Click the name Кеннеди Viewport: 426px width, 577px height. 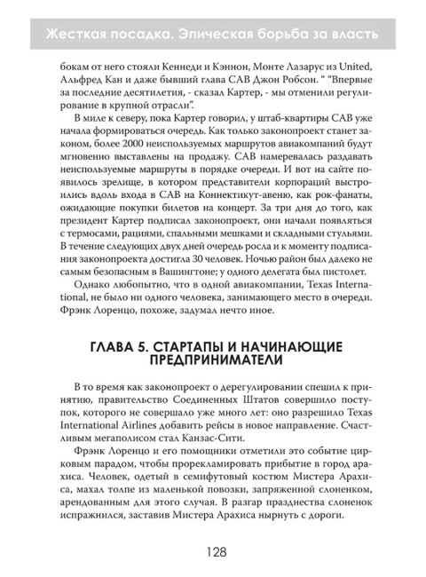(x=162, y=66)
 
